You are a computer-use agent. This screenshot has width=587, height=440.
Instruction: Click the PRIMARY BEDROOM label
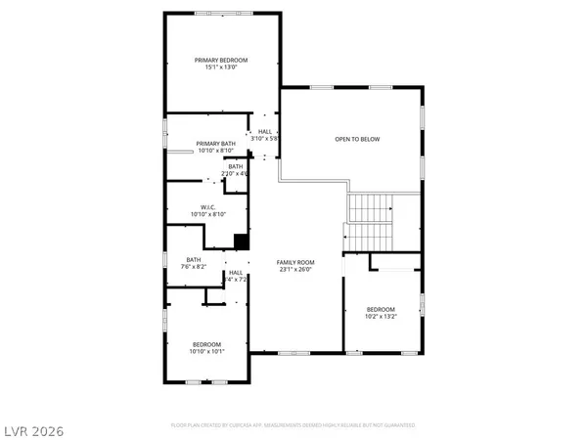(x=221, y=61)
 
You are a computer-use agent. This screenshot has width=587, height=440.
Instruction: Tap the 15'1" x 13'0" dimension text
(x=221, y=68)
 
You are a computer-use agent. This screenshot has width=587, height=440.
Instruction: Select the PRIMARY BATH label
(x=215, y=144)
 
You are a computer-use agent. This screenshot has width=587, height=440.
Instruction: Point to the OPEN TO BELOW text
(x=357, y=139)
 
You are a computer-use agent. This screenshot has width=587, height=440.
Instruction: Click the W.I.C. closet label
(x=207, y=206)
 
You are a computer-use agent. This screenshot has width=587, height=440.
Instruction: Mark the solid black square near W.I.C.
(x=241, y=242)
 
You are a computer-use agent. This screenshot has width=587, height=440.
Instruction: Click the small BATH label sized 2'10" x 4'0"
(x=236, y=166)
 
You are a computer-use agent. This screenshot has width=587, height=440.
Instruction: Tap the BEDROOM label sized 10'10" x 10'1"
(x=206, y=344)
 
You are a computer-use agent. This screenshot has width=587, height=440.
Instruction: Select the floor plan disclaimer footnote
(x=293, y=426)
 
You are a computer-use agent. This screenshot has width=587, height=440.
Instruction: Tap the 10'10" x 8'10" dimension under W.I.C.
(x=207, y=214)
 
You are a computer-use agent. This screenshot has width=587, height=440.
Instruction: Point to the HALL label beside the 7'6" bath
(x=235, y=273)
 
